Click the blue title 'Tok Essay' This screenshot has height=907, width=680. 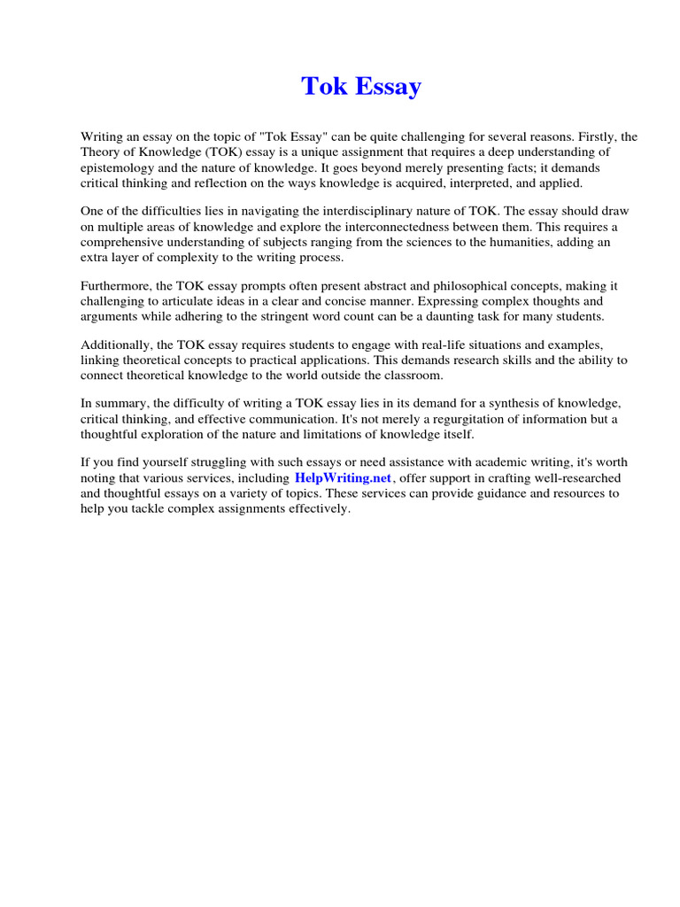coord(361,87)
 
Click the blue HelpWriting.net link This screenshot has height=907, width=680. coord(343,478)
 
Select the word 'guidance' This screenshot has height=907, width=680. coord(490,493)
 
